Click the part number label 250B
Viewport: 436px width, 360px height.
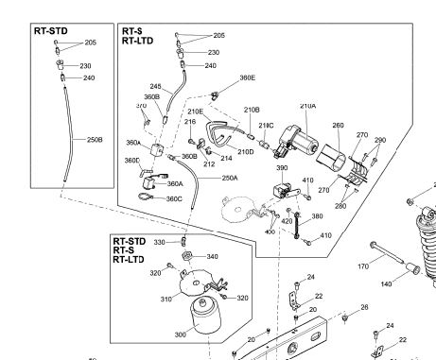coord(95,140)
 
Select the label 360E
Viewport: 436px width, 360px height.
coord(248,78)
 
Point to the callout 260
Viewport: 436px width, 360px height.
coord(339,125)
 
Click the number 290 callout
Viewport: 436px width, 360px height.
coord(380,140)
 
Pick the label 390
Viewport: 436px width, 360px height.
coord(282,167)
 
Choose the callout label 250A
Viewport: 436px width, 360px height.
coord(230,178)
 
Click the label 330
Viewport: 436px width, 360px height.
coord(160,243)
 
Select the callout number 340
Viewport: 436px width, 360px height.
coord(212,256)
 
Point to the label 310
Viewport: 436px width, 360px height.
coord(166,301)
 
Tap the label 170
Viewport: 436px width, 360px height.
coord(362,268)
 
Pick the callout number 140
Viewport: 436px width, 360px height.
coord(386,283)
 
